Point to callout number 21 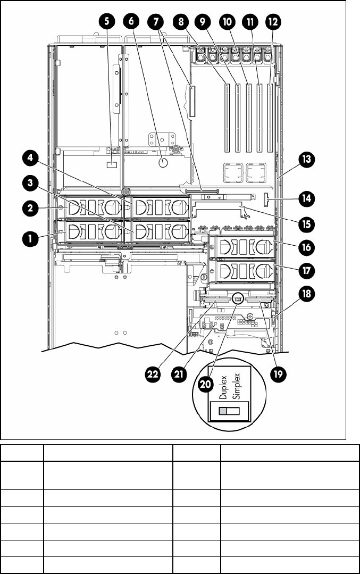(x=179, y=374)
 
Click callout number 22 (x=153, y=374)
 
